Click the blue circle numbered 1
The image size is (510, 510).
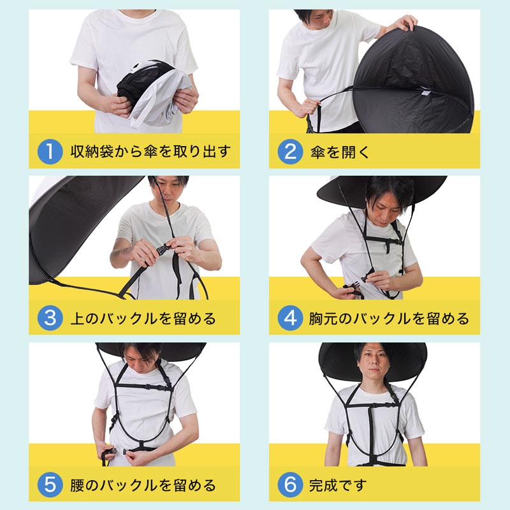tap(49, 152)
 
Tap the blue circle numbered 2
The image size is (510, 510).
tap(289, 152)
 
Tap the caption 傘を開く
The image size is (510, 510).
tap(342, 152)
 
